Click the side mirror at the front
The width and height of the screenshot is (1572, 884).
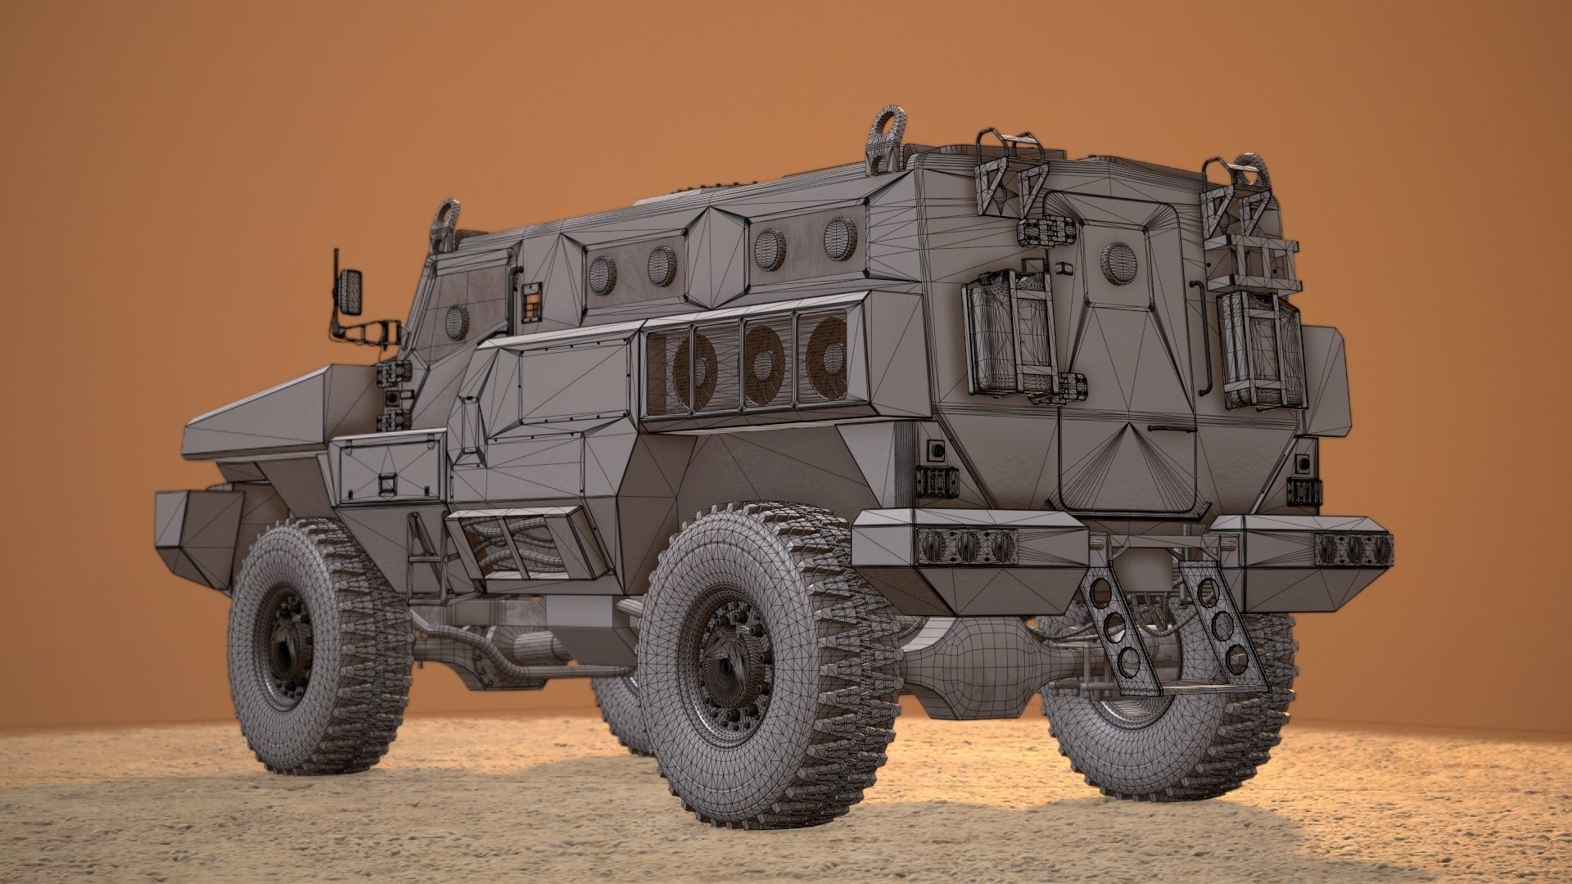350,290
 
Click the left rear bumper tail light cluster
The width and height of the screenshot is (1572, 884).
967,542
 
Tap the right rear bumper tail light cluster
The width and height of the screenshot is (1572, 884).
1352,548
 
